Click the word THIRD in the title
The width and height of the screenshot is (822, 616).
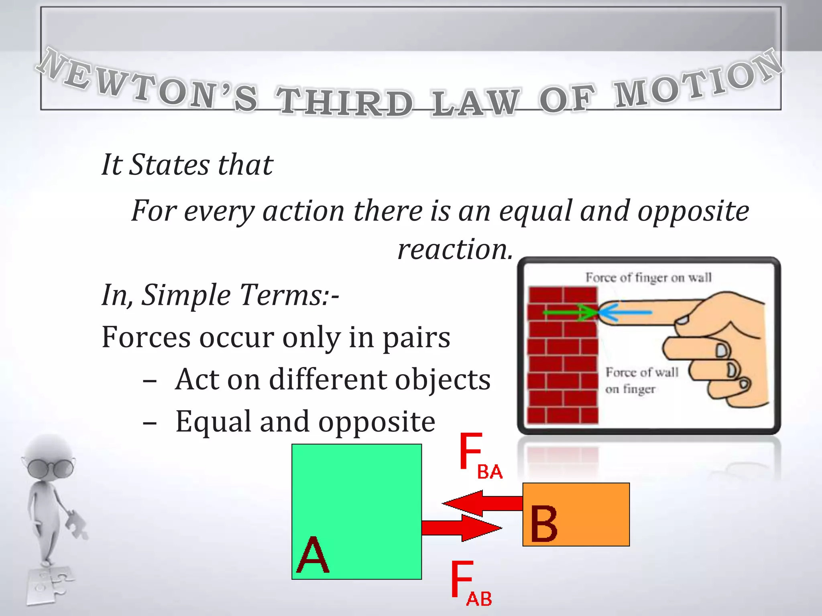click(x=344, y=102)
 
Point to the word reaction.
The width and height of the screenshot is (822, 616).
click(x=455, y=249)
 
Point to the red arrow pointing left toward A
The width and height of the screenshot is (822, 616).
click(x=482, y=503)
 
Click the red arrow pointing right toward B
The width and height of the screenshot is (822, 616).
click(x=462, y=528)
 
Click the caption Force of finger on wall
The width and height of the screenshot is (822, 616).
click(x=648, y=278)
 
